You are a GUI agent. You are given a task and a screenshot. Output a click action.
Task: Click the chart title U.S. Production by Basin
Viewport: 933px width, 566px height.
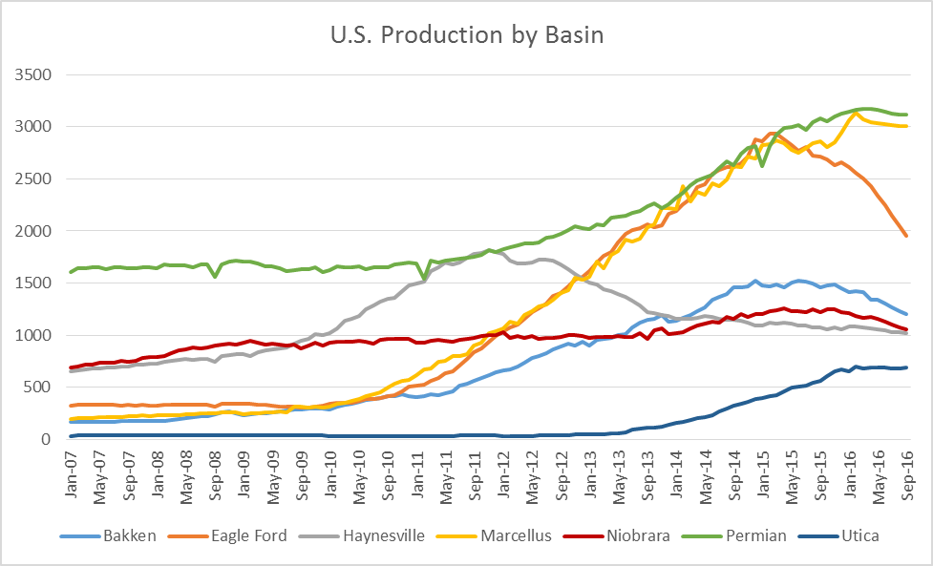[466, 35]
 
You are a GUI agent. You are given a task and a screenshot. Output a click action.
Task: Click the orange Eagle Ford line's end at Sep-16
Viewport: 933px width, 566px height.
[906, 236]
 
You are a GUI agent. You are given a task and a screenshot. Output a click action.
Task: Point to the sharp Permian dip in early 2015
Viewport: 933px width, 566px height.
[762, 165]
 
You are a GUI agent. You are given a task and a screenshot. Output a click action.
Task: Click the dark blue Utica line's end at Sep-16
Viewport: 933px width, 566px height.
[906, 367]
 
